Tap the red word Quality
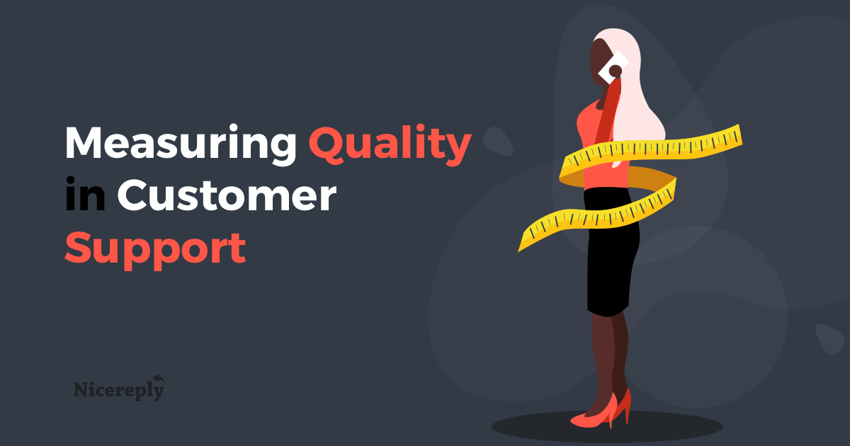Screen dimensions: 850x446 [390, 145]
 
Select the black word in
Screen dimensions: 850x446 [85, 194]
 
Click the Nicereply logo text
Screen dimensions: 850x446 [119, 390]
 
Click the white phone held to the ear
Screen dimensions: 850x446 [613, 67]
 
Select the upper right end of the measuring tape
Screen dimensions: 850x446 [740, 135]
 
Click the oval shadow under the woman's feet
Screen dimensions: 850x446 [607, 426]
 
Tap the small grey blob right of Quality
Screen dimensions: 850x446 [498, 141]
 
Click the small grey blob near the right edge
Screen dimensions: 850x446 [830, 338]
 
